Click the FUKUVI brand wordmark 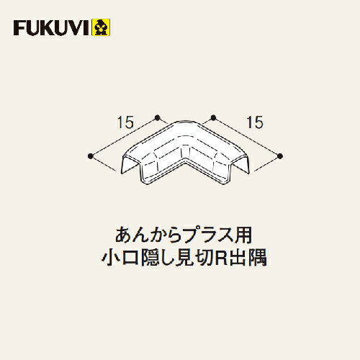pos(53,28)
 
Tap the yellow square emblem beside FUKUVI pos(101,27)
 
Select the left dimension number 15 pos(125,122)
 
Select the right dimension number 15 pos(255,122)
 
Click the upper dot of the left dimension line pos(158,117)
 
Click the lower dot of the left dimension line pos(91,156)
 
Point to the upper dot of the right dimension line pos(213,117)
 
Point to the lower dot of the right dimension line pos(279,156)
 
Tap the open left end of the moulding pos(131,166)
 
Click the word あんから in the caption pos(148,235)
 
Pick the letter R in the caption pos(221,258)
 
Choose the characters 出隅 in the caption pos(248,258)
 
